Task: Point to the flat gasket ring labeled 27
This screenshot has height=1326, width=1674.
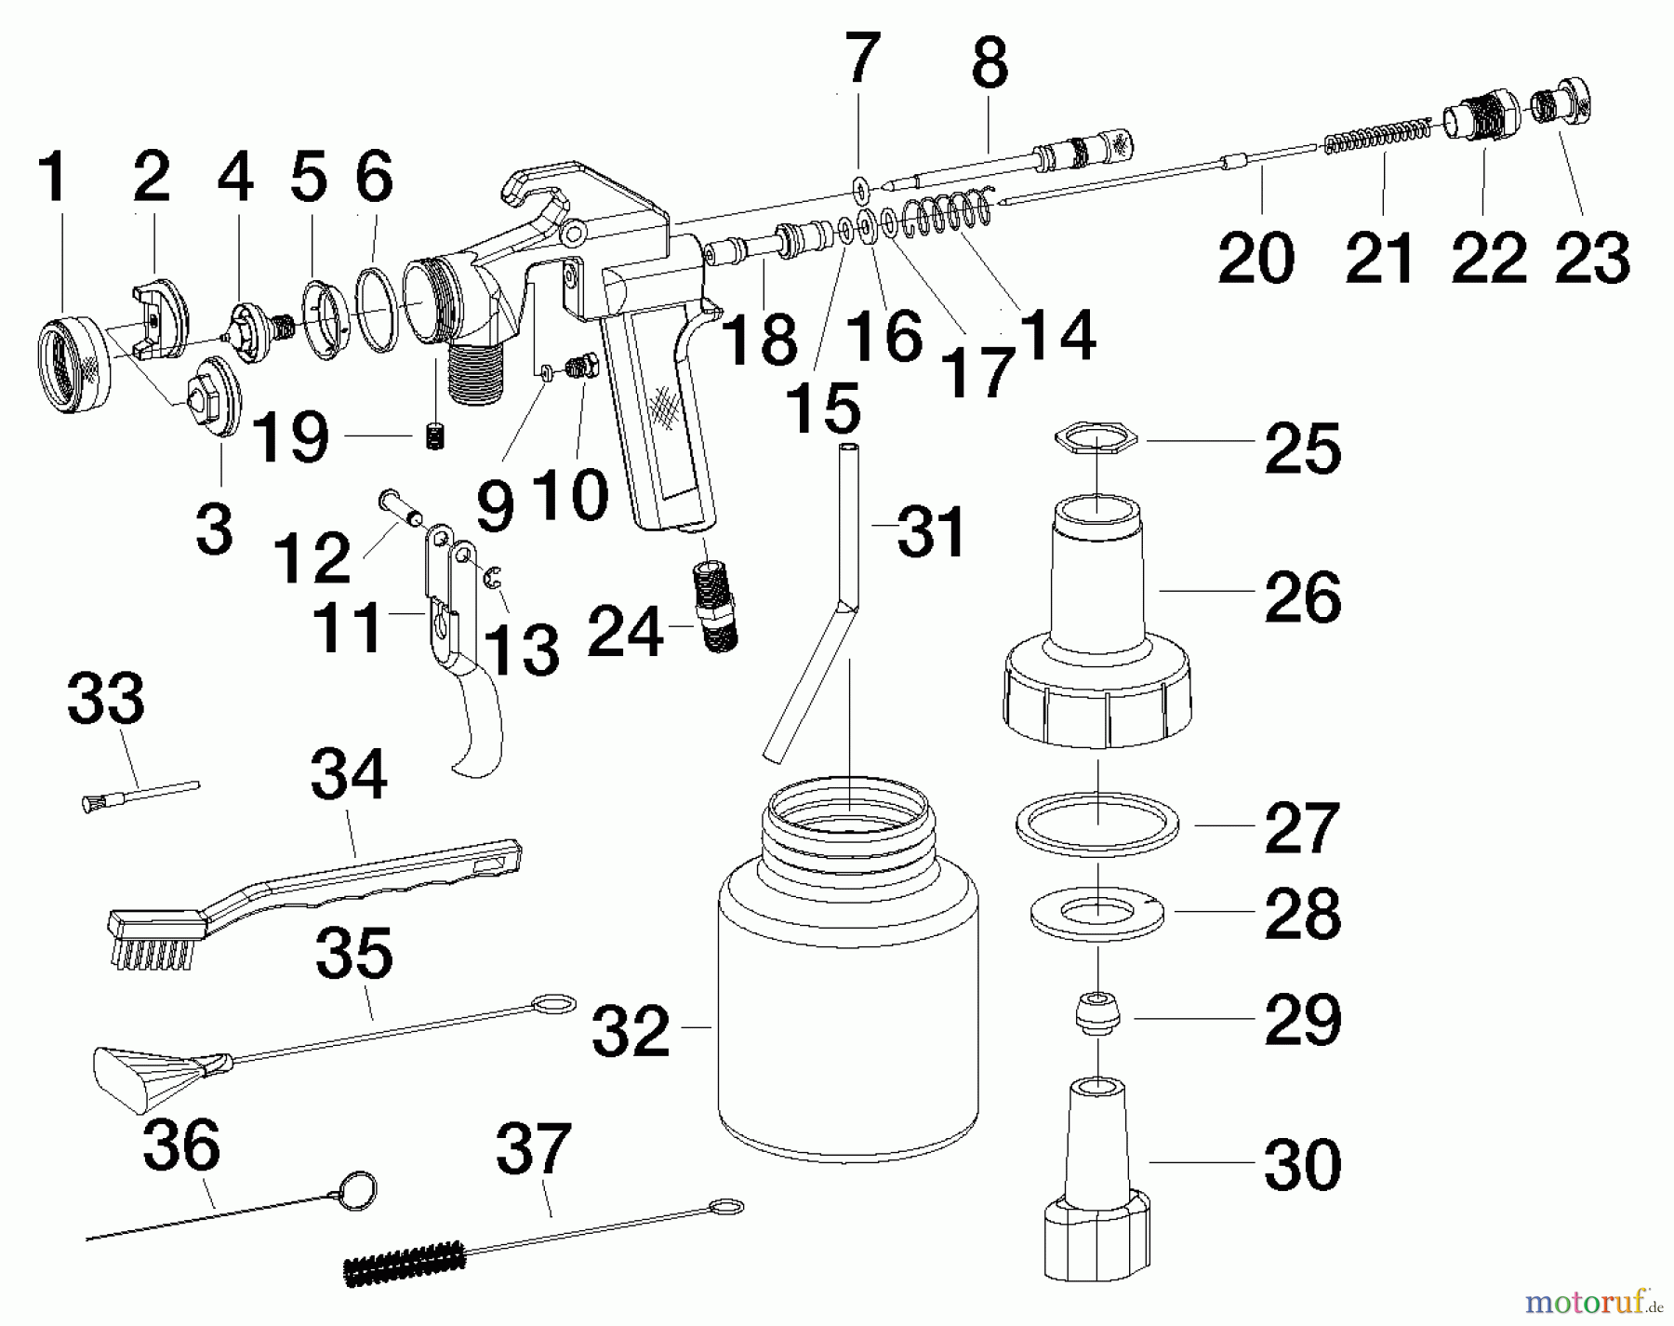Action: tap(1098, 824)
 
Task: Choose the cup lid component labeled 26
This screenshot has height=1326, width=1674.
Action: tap(1098, 651)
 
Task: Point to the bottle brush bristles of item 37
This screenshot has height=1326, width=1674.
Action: tap(405, 1261)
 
